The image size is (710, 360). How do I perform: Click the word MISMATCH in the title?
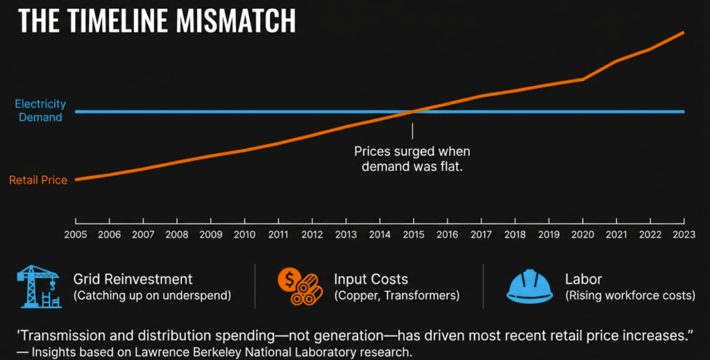tap(236, 21)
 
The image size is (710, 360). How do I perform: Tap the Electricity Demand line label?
tap(40, 110)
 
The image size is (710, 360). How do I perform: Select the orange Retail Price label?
tap(38, 180)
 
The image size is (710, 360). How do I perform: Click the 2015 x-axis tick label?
tap(414, 234)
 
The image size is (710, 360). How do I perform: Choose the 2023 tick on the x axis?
tap(684, 234)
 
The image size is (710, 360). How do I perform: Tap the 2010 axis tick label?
tap(244, 234)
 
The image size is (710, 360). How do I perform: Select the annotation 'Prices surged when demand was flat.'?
tap(412, 159)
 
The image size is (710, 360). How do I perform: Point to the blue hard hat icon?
tap(530, 286)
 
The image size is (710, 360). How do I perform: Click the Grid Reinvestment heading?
tap(133, 280)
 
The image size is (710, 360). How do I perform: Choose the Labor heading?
tap(584, 280)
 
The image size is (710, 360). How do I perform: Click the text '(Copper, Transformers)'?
tap(396, 295)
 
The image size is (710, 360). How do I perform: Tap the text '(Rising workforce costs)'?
tap(630, 295)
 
